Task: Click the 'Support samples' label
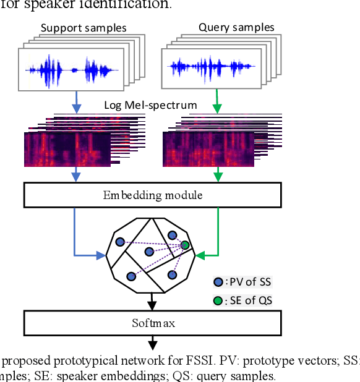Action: click(x=83, y=28)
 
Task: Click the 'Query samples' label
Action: click(x=236, y=28)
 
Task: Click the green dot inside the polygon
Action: click(x=184, y=245)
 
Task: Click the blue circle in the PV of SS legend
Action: click(x=218, y=282)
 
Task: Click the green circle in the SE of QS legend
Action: click(x=218, y=300)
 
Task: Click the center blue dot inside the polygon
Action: click(x=149, y=252)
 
